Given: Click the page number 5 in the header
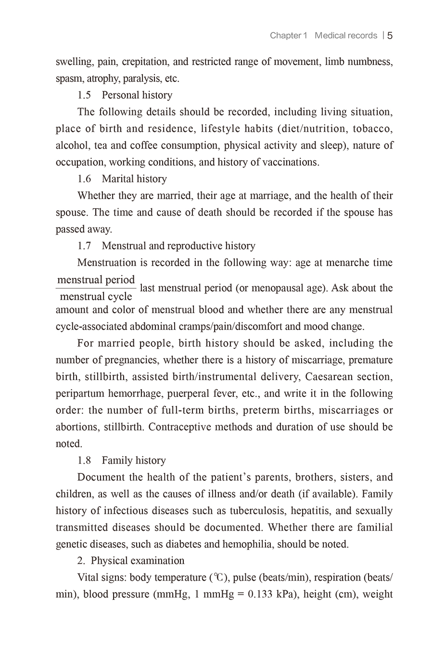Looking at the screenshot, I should click(390, 36).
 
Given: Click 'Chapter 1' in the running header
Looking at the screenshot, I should click(288, 36).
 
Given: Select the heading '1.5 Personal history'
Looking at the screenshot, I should click(125, 95).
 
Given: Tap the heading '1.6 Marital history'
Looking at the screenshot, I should click(122, 179).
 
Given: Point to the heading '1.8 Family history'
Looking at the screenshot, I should click(122, 460).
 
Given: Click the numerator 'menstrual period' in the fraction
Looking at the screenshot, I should click(96, 280).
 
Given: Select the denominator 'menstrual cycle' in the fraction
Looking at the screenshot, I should click(96, 296).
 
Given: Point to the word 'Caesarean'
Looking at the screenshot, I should click(328, 377).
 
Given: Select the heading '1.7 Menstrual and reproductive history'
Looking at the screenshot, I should click(166, 246).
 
